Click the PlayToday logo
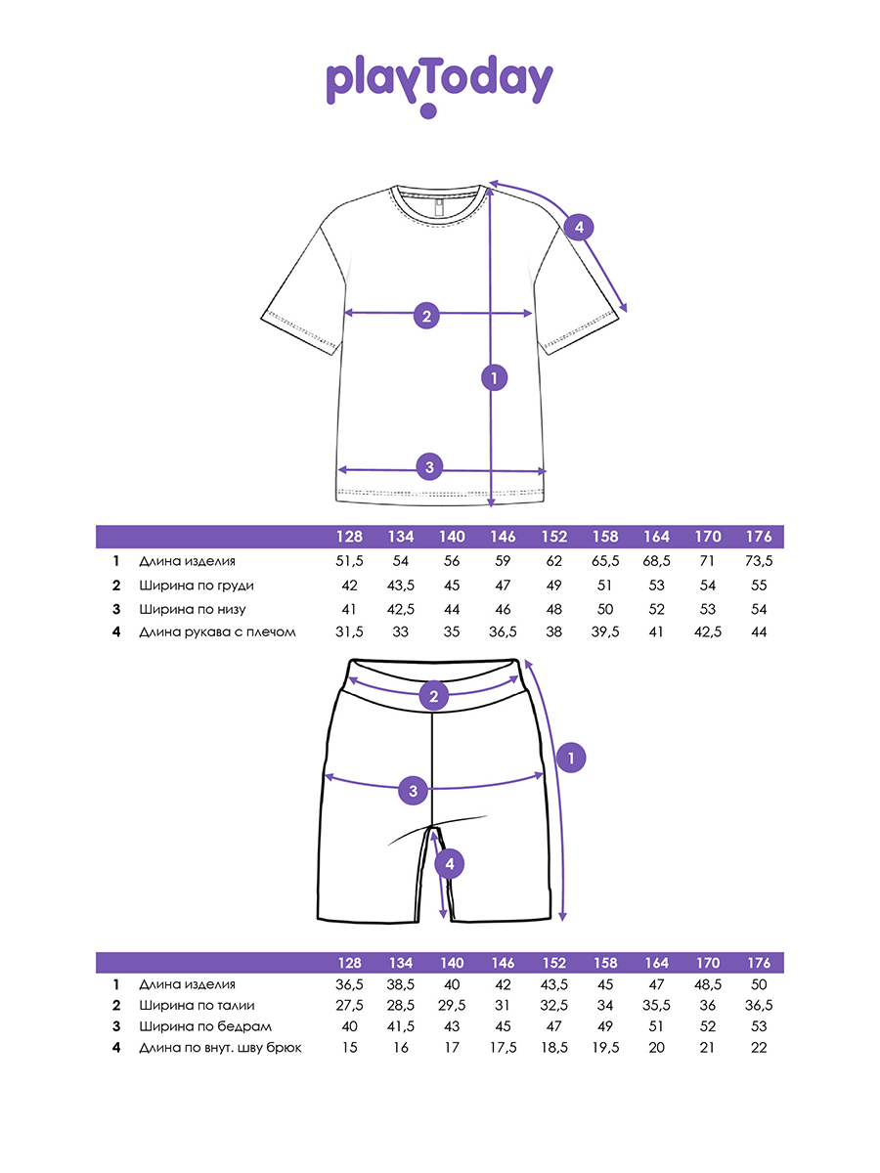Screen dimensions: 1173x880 pos(439,86)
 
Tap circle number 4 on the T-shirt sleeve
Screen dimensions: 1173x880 pos(579,228)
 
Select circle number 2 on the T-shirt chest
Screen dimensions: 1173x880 pos(426,315)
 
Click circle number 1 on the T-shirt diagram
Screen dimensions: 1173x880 pos(495,376)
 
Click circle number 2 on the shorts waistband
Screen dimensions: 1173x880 pos(434,697)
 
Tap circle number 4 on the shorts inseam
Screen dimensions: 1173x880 pos(449,863)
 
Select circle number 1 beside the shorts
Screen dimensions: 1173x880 pos(570,756)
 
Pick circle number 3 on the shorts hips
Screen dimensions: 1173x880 pos(414,791)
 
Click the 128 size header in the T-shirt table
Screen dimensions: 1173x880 pos(349,538)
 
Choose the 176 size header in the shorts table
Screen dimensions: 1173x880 pos(758,963)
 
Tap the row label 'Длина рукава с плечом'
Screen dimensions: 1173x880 pos(217,632)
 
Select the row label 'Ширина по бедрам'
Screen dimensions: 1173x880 pos(205,1026)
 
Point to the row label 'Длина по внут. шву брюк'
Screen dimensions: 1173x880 pos(221,1048)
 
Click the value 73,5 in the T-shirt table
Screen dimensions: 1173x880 pos(758,562)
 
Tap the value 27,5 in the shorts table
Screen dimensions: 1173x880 pos(349,1006)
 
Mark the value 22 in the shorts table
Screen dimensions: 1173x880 pos(758,1048)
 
